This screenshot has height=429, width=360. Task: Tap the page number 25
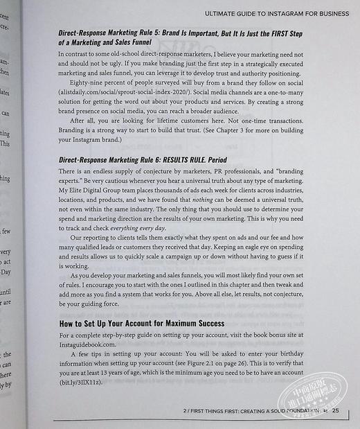(x=336, y=410)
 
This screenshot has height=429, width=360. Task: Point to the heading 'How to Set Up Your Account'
(x=141, y=324)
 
